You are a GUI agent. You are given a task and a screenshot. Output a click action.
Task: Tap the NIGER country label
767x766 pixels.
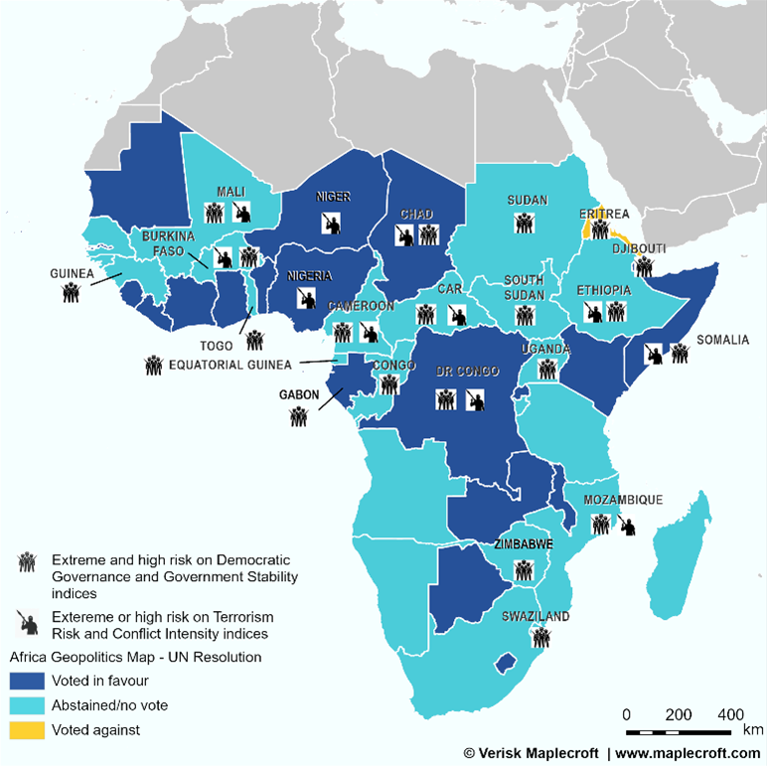click(333, 197)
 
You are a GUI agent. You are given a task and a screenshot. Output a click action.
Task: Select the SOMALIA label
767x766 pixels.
click(722, 341)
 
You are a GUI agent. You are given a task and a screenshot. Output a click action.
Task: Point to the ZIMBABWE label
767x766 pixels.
click(523, 545)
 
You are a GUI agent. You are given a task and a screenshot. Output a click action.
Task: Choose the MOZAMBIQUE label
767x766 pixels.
click(623, 501)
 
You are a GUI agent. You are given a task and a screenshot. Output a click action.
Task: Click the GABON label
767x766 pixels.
click(299, 394)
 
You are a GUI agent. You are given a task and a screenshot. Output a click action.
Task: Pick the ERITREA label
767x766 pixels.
click(604, 214)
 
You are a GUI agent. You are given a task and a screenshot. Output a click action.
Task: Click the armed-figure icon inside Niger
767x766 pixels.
click(334, 222)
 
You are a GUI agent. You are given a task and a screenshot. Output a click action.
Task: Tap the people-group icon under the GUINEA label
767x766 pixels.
click(71, 292)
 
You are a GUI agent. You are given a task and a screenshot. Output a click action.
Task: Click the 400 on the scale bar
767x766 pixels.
click(730, 715)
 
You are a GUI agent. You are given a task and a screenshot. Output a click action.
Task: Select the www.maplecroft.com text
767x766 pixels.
click(688, 754)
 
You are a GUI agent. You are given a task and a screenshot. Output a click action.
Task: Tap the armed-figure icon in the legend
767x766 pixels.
click(27, 622)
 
